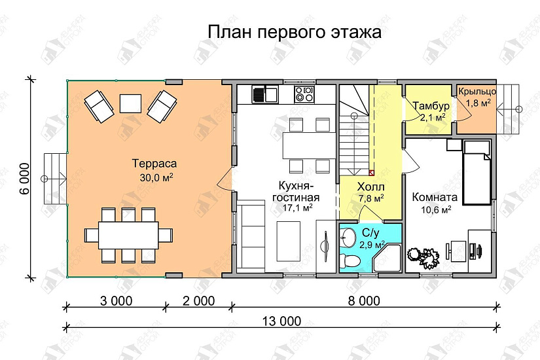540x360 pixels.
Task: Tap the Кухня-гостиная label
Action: (x=295, y=192)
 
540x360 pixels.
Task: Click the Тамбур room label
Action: (x=430, y=107)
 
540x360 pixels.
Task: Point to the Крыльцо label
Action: (x=477, y=92)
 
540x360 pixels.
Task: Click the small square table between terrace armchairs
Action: (x=131, y=103)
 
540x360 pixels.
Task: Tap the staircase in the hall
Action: (x=355, y=128)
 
